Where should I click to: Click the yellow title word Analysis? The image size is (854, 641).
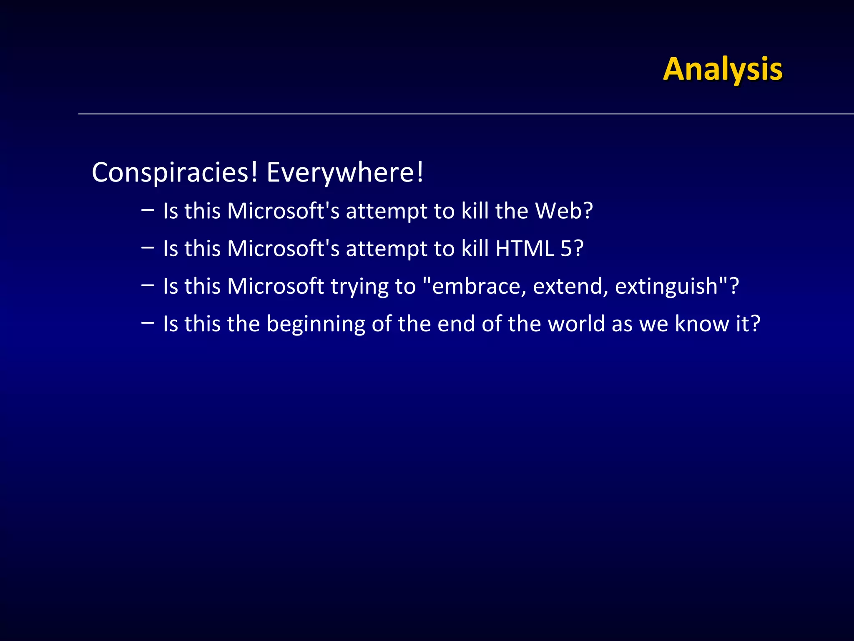(x=723, y=69)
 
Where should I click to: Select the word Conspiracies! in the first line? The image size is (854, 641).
(x=175, y=172)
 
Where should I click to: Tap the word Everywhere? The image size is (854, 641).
(x=345, y=172)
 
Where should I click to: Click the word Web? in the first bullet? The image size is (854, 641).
(x=564, y=211)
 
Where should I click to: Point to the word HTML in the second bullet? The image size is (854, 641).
(x=525, y=248)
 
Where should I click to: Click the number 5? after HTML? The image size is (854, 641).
(x=572, y=248)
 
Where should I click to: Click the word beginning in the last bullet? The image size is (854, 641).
(x=316, y=325)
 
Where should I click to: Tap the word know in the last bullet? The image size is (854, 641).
(x=701, y=324)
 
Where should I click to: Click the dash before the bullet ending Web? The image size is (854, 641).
(x=147, y=210)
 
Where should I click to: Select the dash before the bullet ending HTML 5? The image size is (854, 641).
(x=147, y=247)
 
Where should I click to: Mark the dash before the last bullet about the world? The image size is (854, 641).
(x=147, y=323)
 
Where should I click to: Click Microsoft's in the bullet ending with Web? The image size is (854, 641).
(x=283, y=211)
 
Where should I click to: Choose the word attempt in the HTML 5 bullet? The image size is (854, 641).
(x=387, y=249)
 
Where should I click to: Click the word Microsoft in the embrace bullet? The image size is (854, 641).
(x=276, y=286)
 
